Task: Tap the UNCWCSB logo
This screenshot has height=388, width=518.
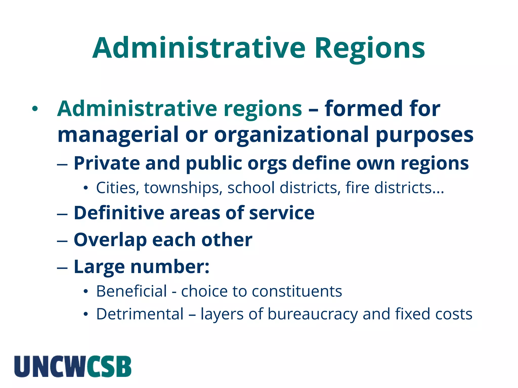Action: pyautogui.click(x=73, y=366)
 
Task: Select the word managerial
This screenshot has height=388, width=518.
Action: pyautogui.click(x=118, y=134)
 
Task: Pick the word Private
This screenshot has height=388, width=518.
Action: pyautogui.click(x=106, y=163)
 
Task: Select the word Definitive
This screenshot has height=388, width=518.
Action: pyautogui.click(x=119, y=213)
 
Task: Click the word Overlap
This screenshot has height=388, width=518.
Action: pyautogui.click(x=110, y=240)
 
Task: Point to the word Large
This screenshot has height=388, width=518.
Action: pyautogui.click(x=99, y=267)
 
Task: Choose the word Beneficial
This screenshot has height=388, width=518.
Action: pyautogui.click(x=132, y=291)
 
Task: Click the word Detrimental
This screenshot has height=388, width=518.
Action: pyautogui.click(x=140, y=314)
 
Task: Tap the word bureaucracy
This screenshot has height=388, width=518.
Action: pyautogui.click(x=313, y=314)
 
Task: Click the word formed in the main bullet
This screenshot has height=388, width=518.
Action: pyautogui.click(x=363, y=109)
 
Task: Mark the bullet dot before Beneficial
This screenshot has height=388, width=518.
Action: pyautogui.click(x=86, y=292)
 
